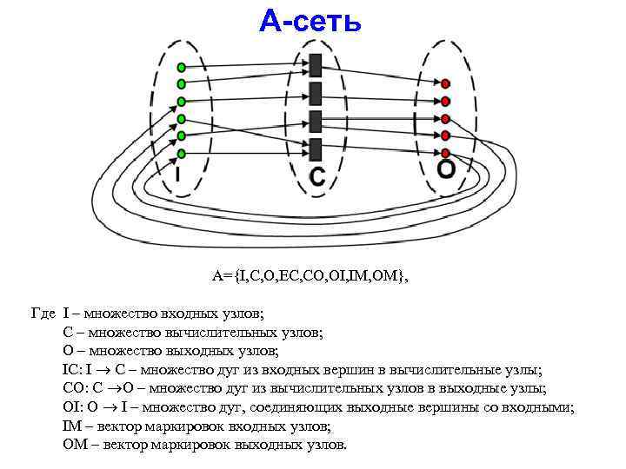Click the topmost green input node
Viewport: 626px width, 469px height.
[181, 67]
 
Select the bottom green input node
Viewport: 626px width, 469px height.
[181, 154]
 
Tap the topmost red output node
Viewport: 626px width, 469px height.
[445, 83]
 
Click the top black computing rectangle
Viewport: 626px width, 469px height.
[315, 65]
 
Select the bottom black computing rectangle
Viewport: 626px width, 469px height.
[315, 147]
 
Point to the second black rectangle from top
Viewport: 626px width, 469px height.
[315, 92]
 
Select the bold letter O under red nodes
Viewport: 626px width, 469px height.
[445, 169]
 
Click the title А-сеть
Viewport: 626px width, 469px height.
[310, 22]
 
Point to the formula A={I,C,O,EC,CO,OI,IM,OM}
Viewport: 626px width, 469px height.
[310, 276]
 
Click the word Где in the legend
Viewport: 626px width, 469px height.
[43, 314]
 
